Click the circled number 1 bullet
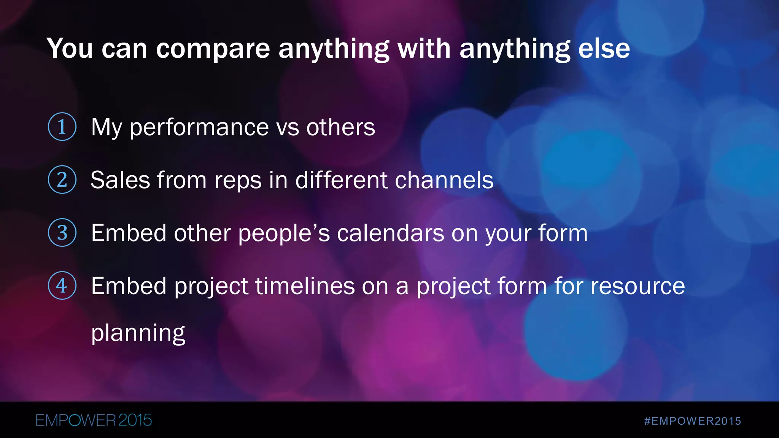pyautogui.click(x=62, y=127)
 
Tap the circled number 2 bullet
pyautogui.click(x=62, y=179)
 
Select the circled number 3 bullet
pyautogui.click(x=62, y=233)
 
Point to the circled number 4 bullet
pyautogui.click(x=62, y=286)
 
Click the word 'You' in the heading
pyautogui.click(x=70, y=49)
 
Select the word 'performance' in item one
pyautogui.click(x=199, y=128)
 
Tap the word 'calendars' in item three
pyautogui.click(x=390, y=233)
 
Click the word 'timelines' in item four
pyautogui.click(x=305, y=286)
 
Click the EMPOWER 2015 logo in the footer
pyautogui.click(x=94, y=421)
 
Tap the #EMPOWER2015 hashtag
pyautogui.click(x=693, y=421)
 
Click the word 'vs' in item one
pyautogui.click(x=288, y=128)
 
